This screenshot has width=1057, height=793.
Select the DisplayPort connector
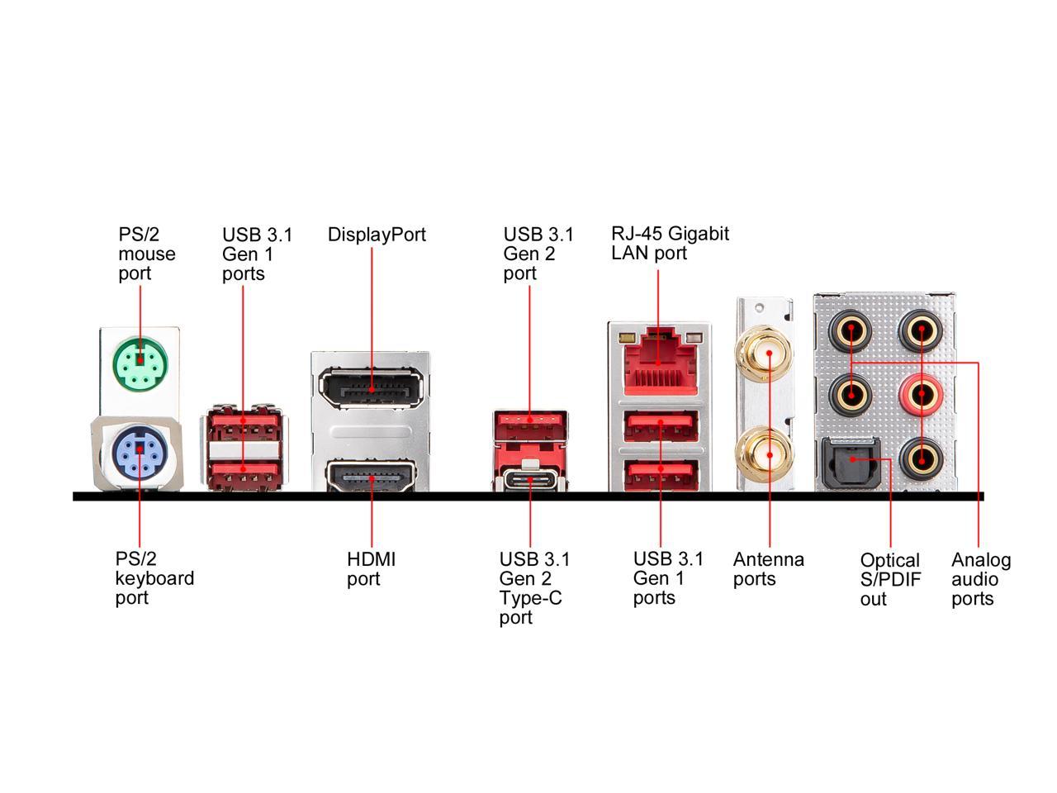(371, 388)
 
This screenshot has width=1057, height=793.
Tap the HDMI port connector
(371, 477)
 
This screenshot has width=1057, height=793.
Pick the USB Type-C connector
(531, 480)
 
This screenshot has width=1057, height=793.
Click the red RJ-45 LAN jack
(658, 363)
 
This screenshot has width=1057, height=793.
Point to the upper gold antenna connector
(767, 354)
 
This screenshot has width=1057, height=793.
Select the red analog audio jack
(921, 396)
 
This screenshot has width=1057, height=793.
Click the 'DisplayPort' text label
(377, 235)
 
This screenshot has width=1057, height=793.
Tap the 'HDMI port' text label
(371, 569)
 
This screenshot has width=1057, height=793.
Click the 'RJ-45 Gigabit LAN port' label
(670, 243)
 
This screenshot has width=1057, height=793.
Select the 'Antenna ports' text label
(768, 569)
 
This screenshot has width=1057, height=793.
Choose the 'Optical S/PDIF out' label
(890, 579)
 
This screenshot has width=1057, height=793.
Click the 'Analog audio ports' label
(980, 579)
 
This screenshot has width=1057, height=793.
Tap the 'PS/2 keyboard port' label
(154, 578)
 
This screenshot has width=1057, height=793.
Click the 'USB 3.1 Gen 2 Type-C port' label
(534, 588)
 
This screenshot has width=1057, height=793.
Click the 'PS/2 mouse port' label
(146, 254)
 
